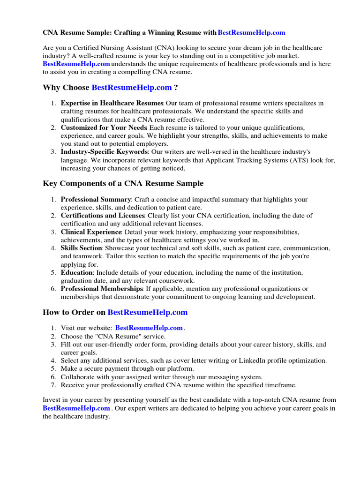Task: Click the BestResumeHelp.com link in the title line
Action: coord(251,33)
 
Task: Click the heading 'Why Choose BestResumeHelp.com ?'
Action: coord(111,88)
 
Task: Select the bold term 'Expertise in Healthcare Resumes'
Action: coord(112,103)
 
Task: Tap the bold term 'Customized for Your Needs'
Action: coord(104,127)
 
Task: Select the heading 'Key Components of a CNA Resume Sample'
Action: coord(123,183)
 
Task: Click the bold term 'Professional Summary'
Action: coord(96,199)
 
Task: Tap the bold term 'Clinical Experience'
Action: coord(91,232)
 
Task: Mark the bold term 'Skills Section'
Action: coord(81,248)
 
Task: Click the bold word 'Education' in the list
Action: coord(77,272)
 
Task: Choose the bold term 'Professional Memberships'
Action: coord(102,289)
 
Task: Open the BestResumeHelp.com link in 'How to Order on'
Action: coord(147,312)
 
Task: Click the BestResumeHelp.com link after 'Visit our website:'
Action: coord(149,328)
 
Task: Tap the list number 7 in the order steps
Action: coord(53,385)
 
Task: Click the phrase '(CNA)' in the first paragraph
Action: coord(160,48)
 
